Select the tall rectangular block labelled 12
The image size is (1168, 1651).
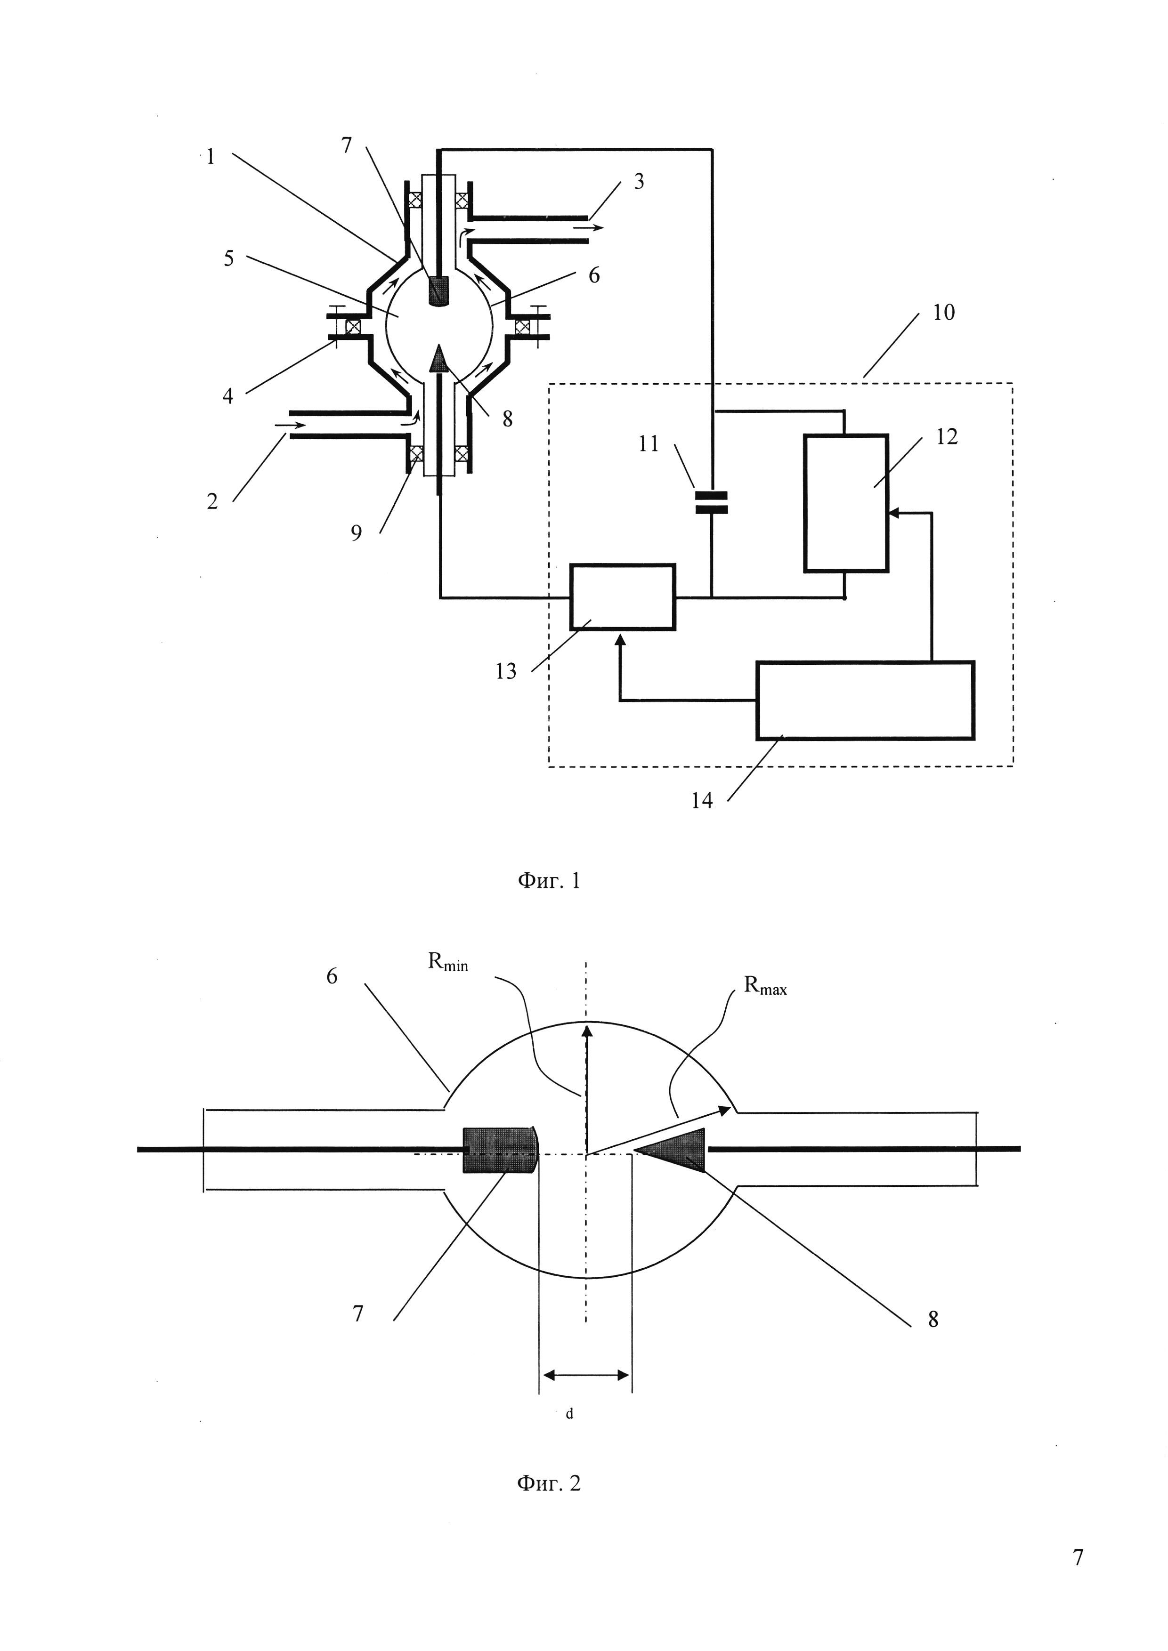pos(846,503)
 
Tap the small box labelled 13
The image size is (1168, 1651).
pos(623,597)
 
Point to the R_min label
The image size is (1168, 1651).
pos(448,963)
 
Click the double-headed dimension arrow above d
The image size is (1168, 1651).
pos(586,1375)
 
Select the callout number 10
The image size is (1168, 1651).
pos(944,312)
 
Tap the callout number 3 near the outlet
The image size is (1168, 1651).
pos(639,181)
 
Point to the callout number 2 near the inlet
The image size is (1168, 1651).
pos(212,501)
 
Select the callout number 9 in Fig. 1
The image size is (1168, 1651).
pos(356,533)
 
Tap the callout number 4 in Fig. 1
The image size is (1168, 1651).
pos(228,395)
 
